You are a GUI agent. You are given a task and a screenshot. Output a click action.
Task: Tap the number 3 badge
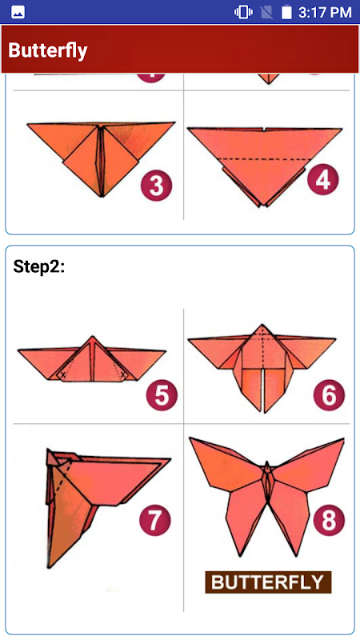point(157,186)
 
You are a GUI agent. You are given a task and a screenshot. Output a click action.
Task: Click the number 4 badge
point(323,180)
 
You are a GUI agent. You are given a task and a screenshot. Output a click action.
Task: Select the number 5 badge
point(162,394)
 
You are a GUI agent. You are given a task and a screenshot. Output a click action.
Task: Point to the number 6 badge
point(329,394)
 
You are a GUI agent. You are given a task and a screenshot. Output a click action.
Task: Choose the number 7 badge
point(155,521)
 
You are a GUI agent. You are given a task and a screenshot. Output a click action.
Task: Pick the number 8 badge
point(329,521)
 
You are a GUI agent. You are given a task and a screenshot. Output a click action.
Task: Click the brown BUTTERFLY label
point(268,582)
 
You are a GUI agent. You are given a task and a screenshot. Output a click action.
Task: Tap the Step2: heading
point(38,266)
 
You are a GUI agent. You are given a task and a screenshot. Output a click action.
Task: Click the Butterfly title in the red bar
point(48,50)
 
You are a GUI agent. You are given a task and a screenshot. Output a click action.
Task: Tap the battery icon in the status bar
point(286,12)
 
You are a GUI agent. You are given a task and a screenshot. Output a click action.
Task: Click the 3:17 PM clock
point(325,12)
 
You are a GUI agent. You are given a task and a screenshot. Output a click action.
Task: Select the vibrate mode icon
point(243,12)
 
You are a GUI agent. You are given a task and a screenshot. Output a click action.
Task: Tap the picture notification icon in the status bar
point(18,13)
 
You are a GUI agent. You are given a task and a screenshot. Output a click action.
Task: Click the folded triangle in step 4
point(265,166)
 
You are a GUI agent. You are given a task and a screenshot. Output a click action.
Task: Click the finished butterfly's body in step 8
point(267,482)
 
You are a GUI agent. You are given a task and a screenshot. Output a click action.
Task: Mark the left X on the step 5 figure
point(62,374)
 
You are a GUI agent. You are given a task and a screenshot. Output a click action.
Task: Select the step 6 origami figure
point(262,368)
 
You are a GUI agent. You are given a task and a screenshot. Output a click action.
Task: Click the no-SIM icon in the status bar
point(266,12)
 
